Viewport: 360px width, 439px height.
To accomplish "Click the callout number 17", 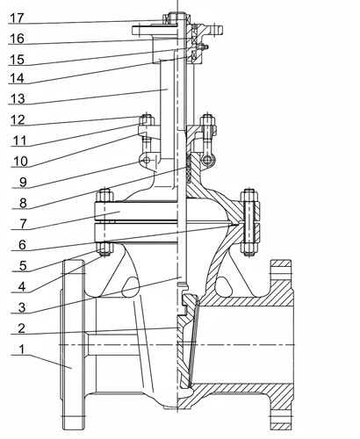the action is point(17,18).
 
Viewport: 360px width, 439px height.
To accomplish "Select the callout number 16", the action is point(17,39).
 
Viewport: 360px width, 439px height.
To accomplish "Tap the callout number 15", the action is point(17,60).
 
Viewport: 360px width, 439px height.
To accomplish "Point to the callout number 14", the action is point(18,78).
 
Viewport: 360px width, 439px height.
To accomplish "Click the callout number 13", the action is point(18,98).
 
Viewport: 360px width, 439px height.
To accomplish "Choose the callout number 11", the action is point(20,140).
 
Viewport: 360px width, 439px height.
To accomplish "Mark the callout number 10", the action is point(20,162).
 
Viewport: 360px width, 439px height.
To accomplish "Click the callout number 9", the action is point(23,182).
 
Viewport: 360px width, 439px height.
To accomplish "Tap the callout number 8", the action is point(23,203).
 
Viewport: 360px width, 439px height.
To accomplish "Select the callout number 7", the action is point(24,224).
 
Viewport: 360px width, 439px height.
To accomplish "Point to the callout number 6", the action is point(22,245).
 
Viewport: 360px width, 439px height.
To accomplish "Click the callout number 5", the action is point(23,266).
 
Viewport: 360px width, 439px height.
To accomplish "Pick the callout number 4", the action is point(22,287).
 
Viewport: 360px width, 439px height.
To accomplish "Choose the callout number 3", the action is point(22,307).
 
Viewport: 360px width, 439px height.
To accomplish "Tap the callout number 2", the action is point(21,328).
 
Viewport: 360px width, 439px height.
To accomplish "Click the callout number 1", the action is point(22,349).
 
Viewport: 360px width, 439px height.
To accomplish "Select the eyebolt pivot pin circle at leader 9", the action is point(147,160).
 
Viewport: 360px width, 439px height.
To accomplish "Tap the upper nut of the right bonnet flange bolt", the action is point(249,196).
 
